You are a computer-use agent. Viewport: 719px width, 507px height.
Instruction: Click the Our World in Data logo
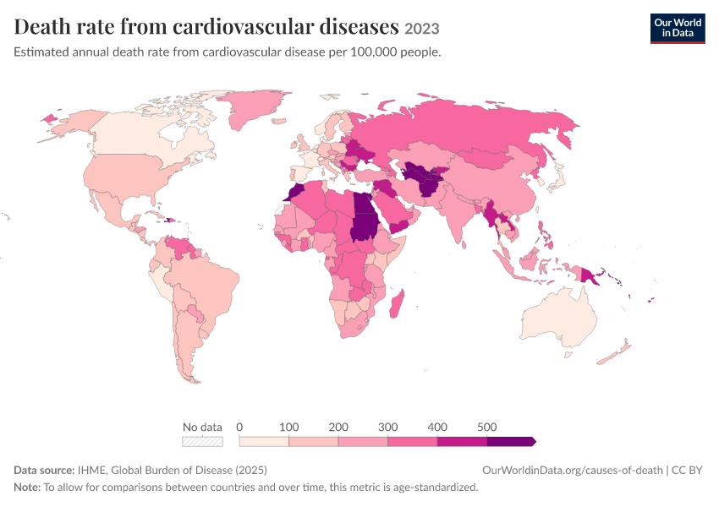(x=678, y=29)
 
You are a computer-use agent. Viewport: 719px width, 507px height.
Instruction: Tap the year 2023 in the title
(x=422, y=29)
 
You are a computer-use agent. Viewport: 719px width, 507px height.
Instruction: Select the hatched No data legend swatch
(x=202, y=441)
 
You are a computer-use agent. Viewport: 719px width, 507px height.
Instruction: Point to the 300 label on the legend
(x=387, y=427)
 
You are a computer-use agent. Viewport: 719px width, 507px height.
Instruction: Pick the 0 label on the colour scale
(x=239, y=427)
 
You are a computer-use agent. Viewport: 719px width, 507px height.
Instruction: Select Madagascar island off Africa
(x=397, y=303)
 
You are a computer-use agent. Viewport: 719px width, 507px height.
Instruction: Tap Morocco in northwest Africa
(x=296, y=192)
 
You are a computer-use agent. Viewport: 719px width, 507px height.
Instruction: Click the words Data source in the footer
(x=44, y=471)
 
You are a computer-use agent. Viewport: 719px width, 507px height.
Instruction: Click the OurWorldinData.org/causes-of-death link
(x=573, y=471)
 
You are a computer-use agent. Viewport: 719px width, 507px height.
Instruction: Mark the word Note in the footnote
(x=27, y=488)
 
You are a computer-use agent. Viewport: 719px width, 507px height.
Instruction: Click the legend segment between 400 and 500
(x=462, y=441)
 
